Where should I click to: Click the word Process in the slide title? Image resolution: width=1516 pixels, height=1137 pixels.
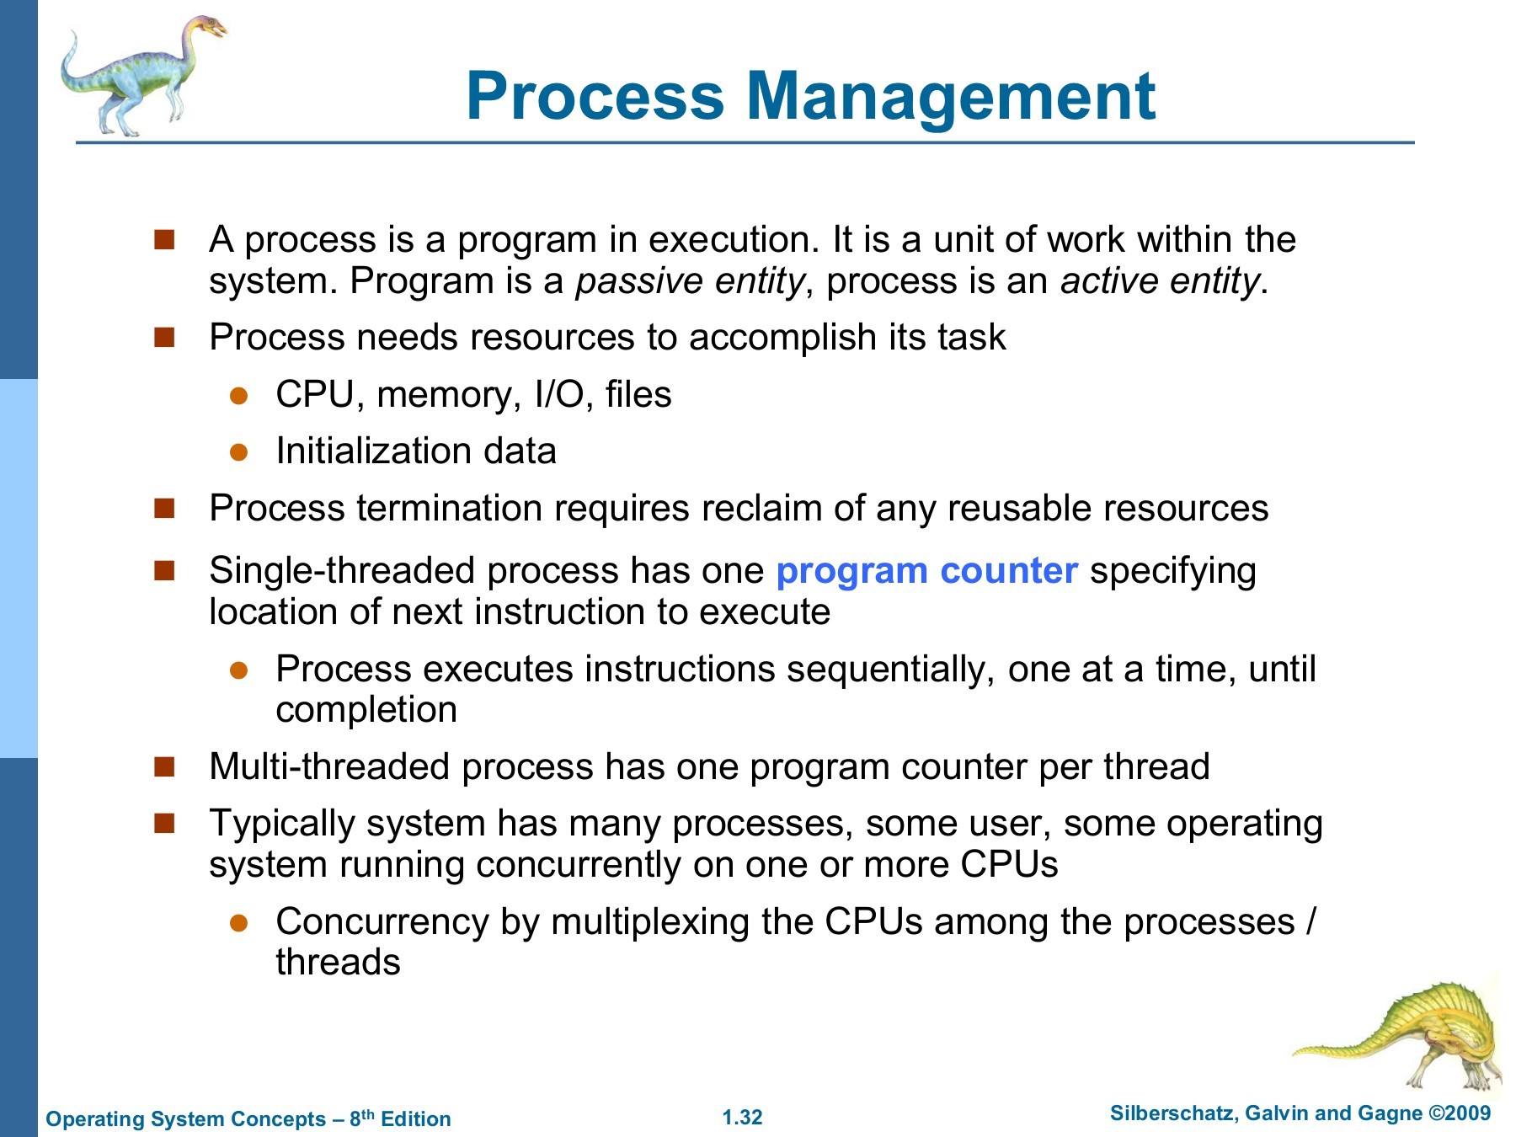595,95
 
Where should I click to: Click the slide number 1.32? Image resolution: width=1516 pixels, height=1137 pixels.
742,1118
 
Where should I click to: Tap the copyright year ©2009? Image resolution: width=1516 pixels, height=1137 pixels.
1460,1113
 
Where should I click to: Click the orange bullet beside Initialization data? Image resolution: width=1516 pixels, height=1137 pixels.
239,452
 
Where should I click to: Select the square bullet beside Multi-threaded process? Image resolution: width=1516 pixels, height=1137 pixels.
164,766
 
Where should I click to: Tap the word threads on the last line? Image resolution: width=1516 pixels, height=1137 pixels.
338,962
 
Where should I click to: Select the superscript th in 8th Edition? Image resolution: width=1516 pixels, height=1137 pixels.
368,1113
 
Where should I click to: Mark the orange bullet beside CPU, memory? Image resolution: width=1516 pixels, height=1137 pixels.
239,396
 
